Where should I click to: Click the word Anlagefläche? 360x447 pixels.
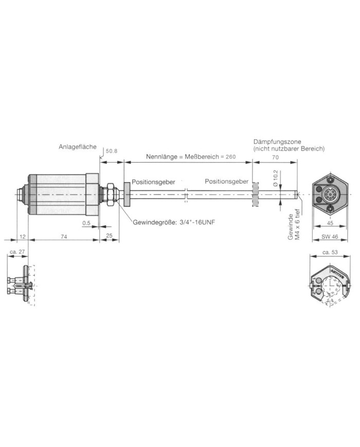(x=77, y=147)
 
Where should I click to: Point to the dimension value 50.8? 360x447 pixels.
(x=112, y=152)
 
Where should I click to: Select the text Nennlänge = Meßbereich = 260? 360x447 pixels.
(x=184, y=156)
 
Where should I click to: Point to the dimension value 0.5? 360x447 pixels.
(x=87, y=223)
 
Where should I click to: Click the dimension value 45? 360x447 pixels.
(x=329, y=223)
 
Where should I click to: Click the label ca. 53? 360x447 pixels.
(x=329, y=253)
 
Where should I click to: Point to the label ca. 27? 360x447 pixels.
(x=17, y=253)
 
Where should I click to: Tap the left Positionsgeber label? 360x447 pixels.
(x=154, y=182)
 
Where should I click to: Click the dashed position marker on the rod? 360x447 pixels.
(x=254, y=194)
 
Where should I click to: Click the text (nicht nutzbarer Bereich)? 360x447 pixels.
(x=289, y=148)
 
